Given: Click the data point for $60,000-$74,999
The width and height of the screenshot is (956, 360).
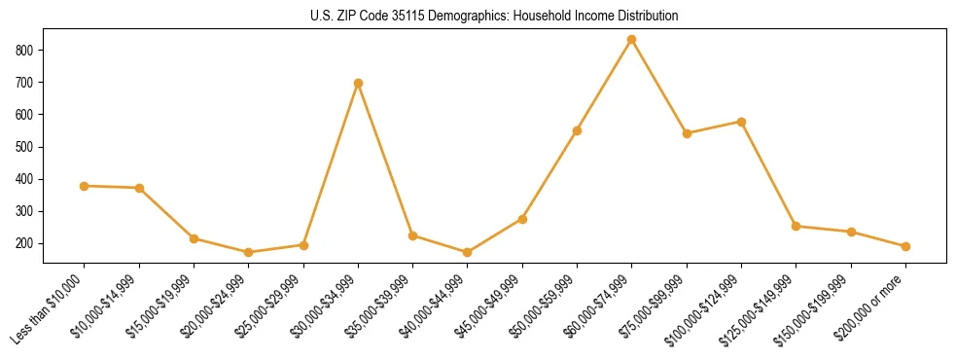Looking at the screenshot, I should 632,40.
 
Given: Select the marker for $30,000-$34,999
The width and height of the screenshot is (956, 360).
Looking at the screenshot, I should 358,83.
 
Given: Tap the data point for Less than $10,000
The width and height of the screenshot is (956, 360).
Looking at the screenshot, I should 85,186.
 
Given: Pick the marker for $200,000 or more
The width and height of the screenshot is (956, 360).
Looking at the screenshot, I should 905,246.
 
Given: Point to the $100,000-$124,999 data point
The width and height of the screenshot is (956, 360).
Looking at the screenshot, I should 741,122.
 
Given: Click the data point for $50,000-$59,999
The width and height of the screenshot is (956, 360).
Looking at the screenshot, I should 577,130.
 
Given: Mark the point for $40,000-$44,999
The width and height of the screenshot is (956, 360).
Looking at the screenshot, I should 468,253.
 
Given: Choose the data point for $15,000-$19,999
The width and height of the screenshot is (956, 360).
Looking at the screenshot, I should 195,238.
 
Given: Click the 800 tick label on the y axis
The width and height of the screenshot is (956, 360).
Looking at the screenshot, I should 26,50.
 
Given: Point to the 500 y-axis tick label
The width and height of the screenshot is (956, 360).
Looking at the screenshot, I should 26,147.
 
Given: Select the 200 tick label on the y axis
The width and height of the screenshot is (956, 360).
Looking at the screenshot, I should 26,243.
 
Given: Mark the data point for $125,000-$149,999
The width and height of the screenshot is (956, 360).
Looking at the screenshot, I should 796,226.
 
